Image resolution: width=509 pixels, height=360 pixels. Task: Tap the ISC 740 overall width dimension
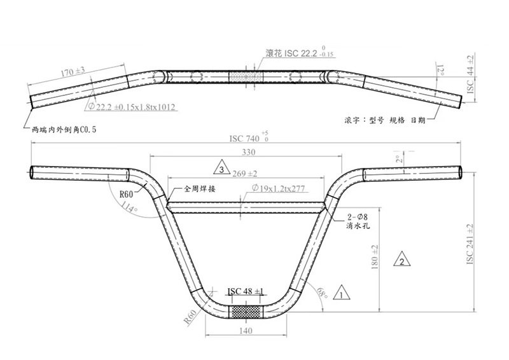[246, 138]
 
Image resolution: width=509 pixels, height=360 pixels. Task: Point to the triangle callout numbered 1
[341, 293]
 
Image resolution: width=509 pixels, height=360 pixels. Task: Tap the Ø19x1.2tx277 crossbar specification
[279, 188]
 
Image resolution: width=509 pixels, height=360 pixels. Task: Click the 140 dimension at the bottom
[246, 331]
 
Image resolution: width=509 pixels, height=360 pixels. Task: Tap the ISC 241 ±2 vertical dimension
[471, 245]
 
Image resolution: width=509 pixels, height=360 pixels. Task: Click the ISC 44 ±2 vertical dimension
[470, 74]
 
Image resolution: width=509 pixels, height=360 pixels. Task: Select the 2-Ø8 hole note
[356, 217]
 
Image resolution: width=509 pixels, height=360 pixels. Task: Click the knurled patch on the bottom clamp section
[246, 312]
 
